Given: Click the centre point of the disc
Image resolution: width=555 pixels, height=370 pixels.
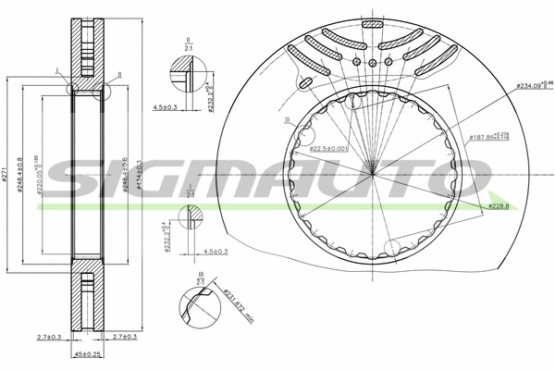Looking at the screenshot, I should pyautogui.click(x=372, y=172).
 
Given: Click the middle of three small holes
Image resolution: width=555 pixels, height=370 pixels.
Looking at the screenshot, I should pyautogui.click(x=372, y=63).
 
